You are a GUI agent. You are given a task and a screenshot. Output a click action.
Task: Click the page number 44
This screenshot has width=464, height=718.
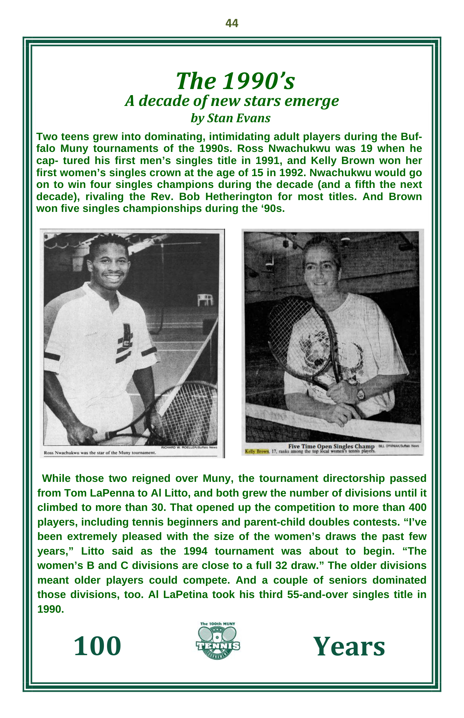click(x=232, y=23)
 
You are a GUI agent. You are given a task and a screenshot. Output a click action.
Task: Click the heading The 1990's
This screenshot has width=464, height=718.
click(x=235, y=81)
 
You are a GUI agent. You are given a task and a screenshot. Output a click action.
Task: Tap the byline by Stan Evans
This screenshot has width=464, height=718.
click(x=230, y=118)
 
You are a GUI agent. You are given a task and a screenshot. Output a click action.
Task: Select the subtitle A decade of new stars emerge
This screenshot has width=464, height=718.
click(x=232, y=101)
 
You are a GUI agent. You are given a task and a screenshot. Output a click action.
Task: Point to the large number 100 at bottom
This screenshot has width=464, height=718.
click(x=98, y=646)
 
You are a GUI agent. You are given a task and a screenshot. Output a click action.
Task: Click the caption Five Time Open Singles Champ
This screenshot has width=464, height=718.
click(x=331, y=446)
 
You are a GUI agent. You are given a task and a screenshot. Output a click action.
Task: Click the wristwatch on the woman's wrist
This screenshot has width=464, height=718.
click(x=360, y=394)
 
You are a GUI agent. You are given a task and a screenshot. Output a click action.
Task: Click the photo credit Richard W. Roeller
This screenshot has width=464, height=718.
click(x=189, y=447)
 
